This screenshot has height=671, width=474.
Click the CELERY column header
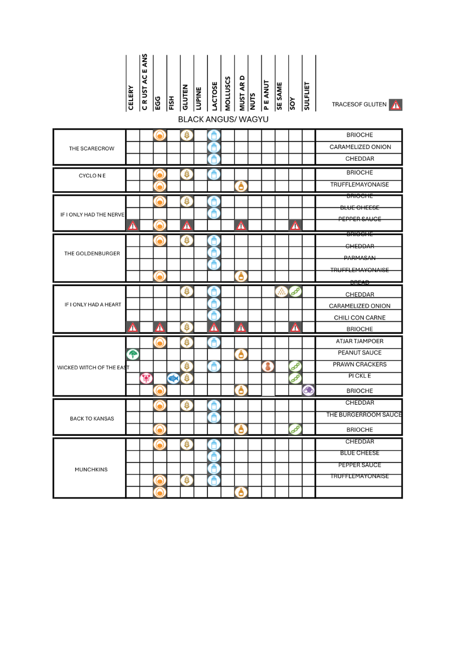click(x=131, y=97)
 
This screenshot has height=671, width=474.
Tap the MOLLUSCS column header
click(x=228, y=93)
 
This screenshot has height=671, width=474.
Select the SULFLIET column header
click(x=306, y=96)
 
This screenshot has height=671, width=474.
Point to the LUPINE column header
click(x=199, y=98)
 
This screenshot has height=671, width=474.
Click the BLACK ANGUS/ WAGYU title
click(x=223, y=119)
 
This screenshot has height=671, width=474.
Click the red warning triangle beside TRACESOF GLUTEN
click(x=396, y=105)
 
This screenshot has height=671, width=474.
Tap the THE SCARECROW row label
click(x=92, y=148)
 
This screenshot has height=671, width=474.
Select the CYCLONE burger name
click(x=92, y=176)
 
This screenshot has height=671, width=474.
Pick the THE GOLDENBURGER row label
click(x=92, y=253)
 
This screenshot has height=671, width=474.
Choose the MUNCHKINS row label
click(x=91, y=469)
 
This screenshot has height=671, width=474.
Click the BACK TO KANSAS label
click(x=92, y=419)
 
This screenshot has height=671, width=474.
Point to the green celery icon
click(x=133, y=354)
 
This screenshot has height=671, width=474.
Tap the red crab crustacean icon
click(x=146, y=378)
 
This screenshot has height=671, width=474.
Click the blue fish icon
click(x=173, y=378)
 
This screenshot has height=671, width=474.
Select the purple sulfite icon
click(x=308, y=390)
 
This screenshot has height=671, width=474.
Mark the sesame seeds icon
click(x=281, y=291)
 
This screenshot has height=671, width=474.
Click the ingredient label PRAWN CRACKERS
click(x=360, y=364)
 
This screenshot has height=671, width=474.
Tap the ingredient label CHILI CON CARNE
click(x=360, y=318)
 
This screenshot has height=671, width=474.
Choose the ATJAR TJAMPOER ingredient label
click(x=360, y=341)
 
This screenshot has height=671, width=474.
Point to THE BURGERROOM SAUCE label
click(x=364, y=415)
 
